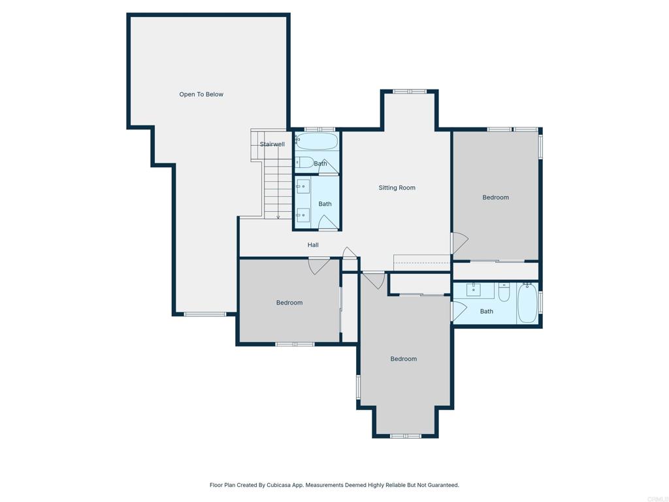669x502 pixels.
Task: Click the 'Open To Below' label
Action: [x=201, y=95]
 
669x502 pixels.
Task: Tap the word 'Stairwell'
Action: [x=272, y=144]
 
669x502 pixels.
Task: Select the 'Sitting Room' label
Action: [x=397, y=188]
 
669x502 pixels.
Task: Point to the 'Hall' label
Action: [x=313, y=245]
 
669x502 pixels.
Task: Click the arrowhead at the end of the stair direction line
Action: [x=278, y=217]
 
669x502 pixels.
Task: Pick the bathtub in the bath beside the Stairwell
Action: [x=317, y=141]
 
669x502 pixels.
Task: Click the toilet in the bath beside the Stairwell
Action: [x=305, y=162]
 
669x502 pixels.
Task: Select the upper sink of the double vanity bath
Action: [x=303, y=187]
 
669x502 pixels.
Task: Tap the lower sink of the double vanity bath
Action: [x=303, y=215]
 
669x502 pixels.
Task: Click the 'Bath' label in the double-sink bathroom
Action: [x=325, y=204]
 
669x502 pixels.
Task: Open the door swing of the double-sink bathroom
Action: [x=328, y=223]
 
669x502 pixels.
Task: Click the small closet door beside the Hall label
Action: [x=350, y=253]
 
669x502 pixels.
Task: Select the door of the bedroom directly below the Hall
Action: [x=319, y=265]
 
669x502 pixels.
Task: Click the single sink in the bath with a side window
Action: [x=474, y=290]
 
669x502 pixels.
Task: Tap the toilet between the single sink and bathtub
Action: [x=504, y=292]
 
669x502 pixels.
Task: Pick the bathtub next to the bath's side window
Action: [x=527, y=303]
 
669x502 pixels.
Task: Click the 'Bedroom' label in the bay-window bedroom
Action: [x=403, y=359]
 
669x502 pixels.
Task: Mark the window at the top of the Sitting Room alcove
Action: [x=410, y=92]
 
